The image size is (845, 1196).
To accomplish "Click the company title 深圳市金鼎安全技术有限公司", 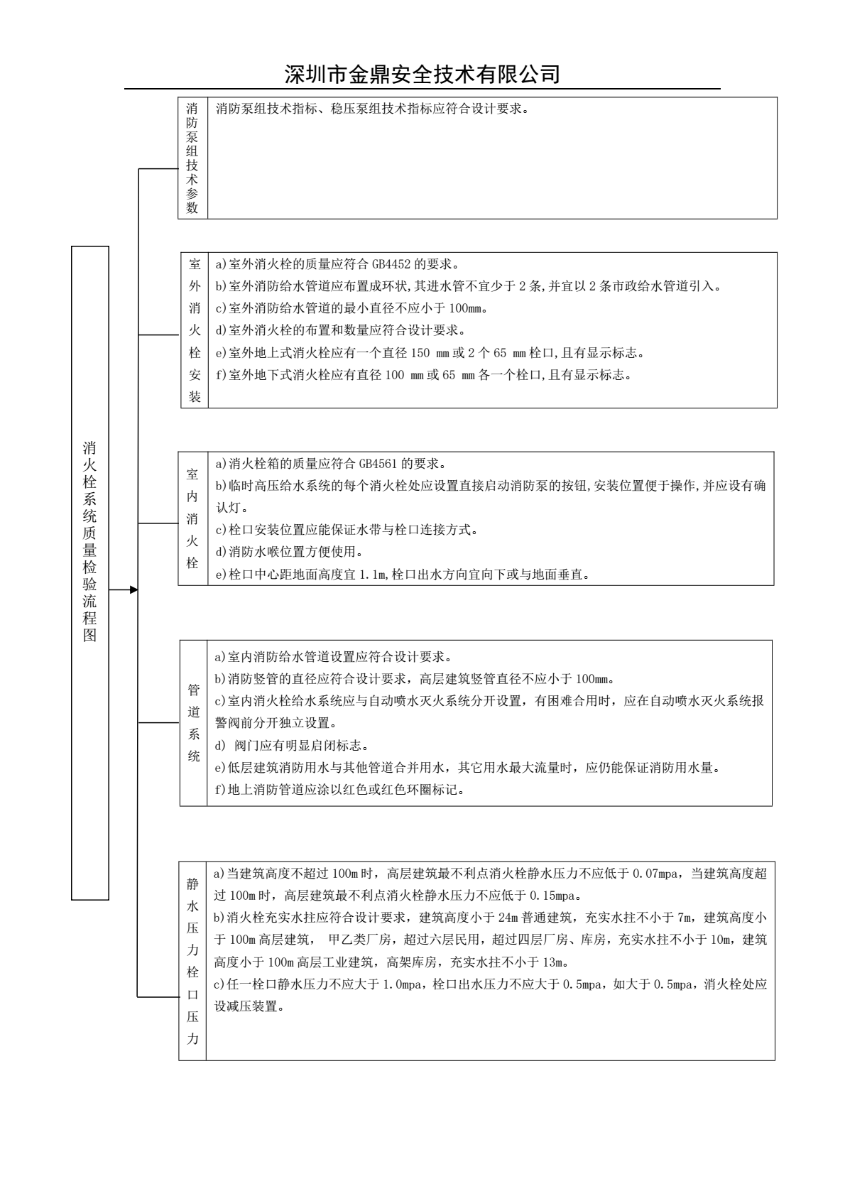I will pyautogui.click(x=422, y=74).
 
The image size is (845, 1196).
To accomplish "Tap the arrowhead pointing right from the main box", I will pyautogui.click(x=133, y=589).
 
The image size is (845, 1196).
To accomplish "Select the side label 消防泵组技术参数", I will pyautogui.click(x=192, y=158).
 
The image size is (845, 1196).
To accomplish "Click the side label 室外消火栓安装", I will pyautogui.click(x=195, y=330).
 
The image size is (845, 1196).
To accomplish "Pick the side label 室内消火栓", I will pyautogui.click(x=192, y=518).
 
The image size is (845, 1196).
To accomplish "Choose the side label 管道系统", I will pyautogui.click(x=193, y=723).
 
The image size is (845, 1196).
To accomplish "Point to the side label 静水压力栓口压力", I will pyautogui.click(x=192, y=962).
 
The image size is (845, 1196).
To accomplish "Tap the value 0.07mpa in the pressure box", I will pyautogui.click(x=657, y=874).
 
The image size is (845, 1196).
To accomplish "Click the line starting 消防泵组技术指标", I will pyautogui.click(x=372, y=109).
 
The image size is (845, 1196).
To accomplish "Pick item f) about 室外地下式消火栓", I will pyautogui.click(x=423, y=375).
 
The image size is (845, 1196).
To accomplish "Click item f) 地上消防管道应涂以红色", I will pyautogui.click(x=340, y=790).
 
